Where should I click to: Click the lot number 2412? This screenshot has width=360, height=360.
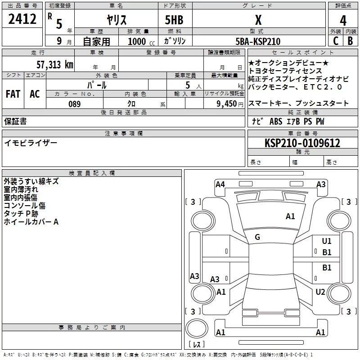click(x=22, y=19)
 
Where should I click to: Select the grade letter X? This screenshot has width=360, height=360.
click(x=258, y=20)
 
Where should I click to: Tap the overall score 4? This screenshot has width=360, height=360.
click(x=343, y=21)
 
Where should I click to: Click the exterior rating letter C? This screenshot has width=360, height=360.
click(x=336, y=41)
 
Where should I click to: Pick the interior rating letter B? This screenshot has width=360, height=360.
click(x=350, y=41)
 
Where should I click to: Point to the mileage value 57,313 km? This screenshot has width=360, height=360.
click(x=55, y=65)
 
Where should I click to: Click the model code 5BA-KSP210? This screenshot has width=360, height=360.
click(x=258, y=41)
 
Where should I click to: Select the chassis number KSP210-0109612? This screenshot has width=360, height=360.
click(x=302, y=143)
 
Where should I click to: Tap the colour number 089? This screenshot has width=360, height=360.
click(x=75, y=104)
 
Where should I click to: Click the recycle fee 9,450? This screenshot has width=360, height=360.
click(x=227, y=104)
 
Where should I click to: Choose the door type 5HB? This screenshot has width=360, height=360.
click(x=174, y=20)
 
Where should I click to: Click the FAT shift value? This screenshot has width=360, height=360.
click(x=13, y=94)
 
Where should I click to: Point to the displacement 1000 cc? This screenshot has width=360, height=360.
click(x=141, y=41)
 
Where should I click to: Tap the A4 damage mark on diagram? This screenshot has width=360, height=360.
click(x=220, y=184)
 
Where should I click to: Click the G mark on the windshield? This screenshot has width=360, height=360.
click(x=257, y=237)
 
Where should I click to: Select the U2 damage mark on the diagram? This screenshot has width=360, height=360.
click(x=320, y=292)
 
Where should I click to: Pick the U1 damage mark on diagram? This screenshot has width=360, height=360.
click(x=327, y=241)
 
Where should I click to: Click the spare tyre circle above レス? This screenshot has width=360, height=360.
click(x=197, y=328)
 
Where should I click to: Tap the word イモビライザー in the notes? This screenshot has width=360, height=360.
click(x=31, y=143)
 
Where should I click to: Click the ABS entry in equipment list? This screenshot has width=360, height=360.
click(x=276, y=121)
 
